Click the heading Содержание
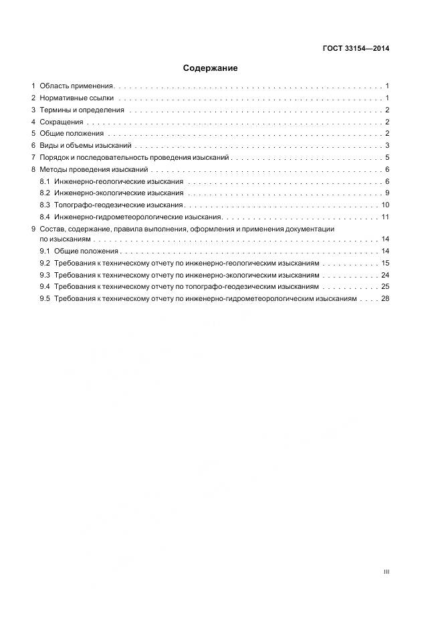210,68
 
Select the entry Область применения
76,86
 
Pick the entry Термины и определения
82,110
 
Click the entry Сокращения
62,122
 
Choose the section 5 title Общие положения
71,134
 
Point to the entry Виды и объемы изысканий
86,146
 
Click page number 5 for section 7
387,158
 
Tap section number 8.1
45,182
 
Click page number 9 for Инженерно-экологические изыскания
387,193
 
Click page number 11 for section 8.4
385,217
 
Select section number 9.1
45,251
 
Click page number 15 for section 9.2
385,264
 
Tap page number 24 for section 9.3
385,276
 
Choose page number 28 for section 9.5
385,299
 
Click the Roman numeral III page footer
386,572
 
